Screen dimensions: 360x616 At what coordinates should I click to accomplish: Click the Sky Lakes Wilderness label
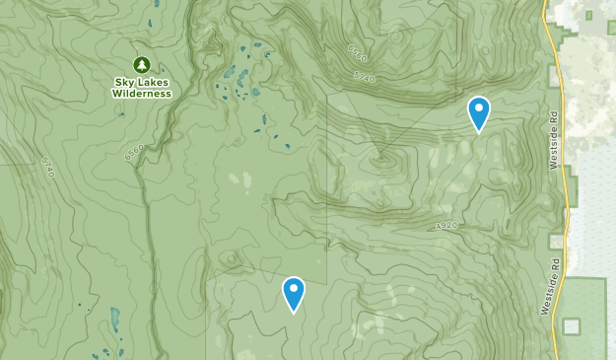point(141,87)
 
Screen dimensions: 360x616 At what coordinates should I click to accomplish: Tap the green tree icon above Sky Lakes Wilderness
point(141,64)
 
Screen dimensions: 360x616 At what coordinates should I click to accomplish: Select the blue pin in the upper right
point(478,112)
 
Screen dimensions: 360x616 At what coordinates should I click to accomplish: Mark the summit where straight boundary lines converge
point(380,155)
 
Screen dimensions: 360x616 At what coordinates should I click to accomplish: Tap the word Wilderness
point(141,94)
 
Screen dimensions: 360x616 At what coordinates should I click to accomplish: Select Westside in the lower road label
point(548,295)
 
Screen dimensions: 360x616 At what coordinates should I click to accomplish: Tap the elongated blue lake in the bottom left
point(115,319)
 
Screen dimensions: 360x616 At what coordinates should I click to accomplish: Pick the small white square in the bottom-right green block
point(571,325)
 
